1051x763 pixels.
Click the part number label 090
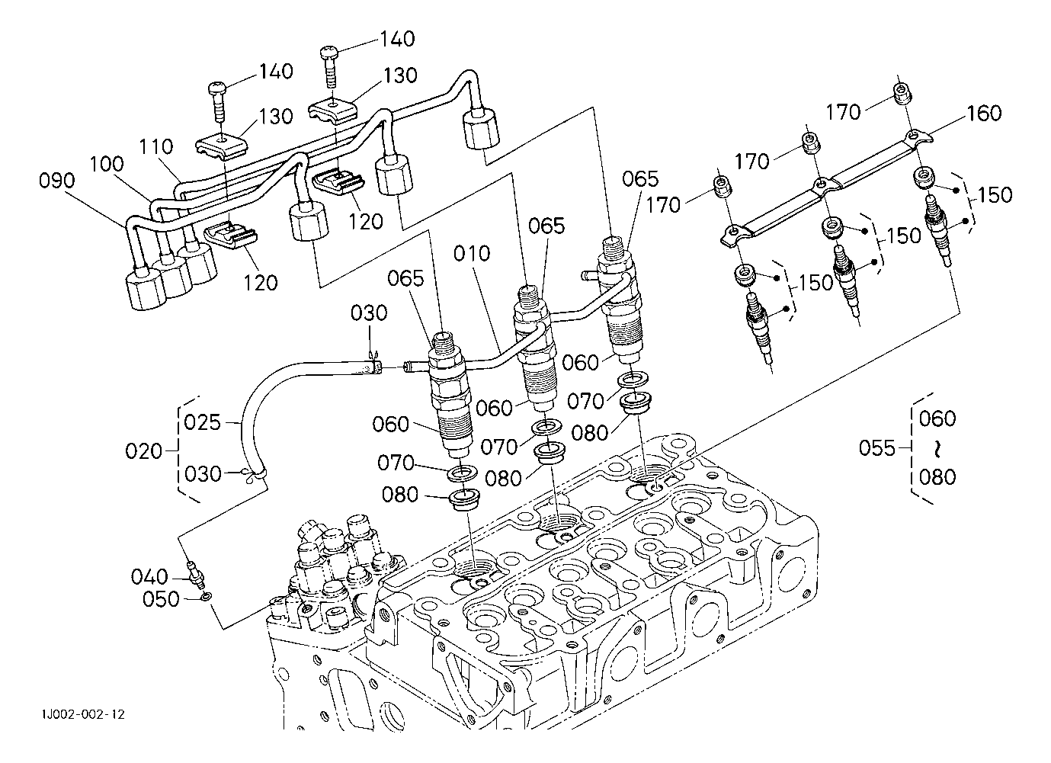pos(57,181)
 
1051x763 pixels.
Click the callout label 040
pos(149,575)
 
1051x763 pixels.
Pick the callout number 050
pos(161,599)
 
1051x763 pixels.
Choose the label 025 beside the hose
pos(202,422)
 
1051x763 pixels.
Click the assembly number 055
pos(876,447)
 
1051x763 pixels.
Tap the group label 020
pos(144,451)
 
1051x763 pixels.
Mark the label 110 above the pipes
pos(156,146)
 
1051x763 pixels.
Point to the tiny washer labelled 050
pos(207,597)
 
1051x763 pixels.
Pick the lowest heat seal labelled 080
pos(461,500)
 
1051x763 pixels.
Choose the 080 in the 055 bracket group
pos(937,476)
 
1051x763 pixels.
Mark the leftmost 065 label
pos(405,277)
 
